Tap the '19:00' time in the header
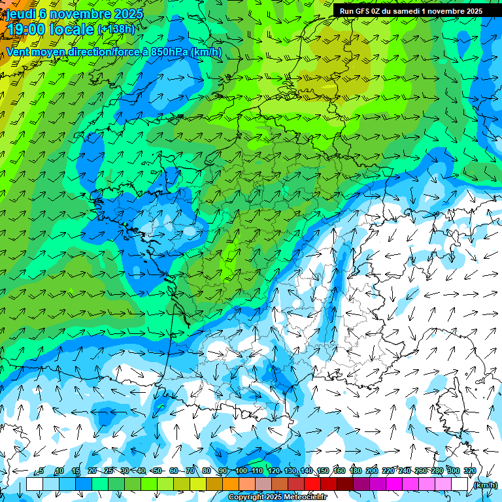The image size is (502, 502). click(27, 29)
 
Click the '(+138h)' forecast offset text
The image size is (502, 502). click(116, 29)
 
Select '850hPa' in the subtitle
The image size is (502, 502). click(169, 52)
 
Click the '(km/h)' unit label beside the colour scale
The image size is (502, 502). click(485, 485)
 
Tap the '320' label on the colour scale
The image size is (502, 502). click(469, 471)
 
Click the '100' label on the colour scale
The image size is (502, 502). click(241, 471)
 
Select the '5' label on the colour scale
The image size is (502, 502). click(42, 471)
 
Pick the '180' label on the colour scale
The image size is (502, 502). click(355, 471)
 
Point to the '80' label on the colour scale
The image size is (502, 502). click(207, 471)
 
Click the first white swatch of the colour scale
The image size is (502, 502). click(35, 484)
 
